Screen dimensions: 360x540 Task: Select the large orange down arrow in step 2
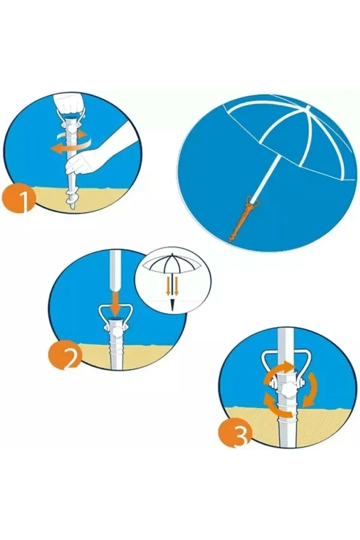(x=115, y=301)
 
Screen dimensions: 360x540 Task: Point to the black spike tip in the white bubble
(x=172, y=305)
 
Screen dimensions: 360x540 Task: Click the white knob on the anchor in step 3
(x=287, y=389)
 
